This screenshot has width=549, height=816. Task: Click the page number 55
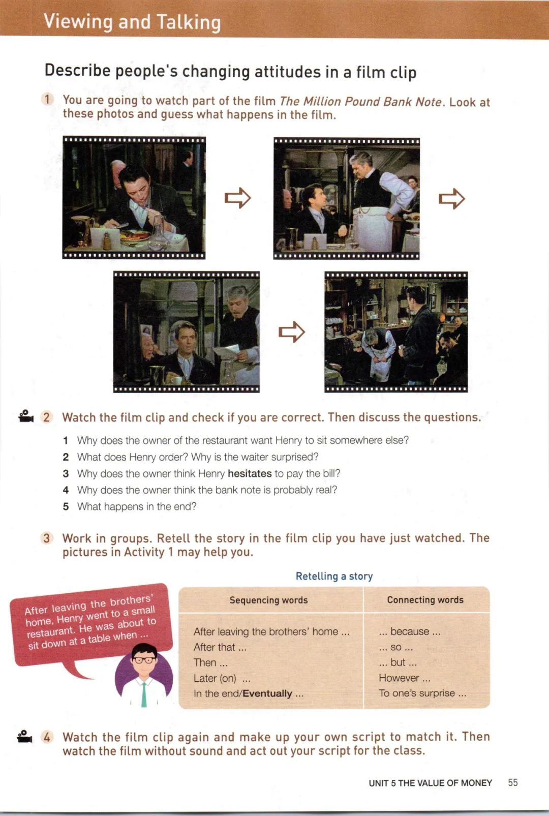pos(512,782)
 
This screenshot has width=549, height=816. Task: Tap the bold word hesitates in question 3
pos(250,473)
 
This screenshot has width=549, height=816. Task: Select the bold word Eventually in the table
pos(267,693)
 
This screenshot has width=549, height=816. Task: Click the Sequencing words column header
pos(268,600)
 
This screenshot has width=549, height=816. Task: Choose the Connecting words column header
pos(425,599)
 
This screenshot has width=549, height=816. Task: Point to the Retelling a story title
pos(334,576)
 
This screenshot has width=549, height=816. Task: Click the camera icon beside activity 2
pos(26,416)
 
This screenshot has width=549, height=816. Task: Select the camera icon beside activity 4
pos(24,737)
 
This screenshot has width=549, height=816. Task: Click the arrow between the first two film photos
pos(237,198)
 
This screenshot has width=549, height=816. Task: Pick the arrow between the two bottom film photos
pos(291,332)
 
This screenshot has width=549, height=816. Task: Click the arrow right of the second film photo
pos(452,199)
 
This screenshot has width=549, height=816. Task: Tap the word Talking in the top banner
pos(189,22)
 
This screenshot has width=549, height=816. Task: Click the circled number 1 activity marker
pos(47,99)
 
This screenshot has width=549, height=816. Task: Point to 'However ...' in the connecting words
pos(404,678)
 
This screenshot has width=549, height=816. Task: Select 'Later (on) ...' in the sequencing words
pos(222,678)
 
